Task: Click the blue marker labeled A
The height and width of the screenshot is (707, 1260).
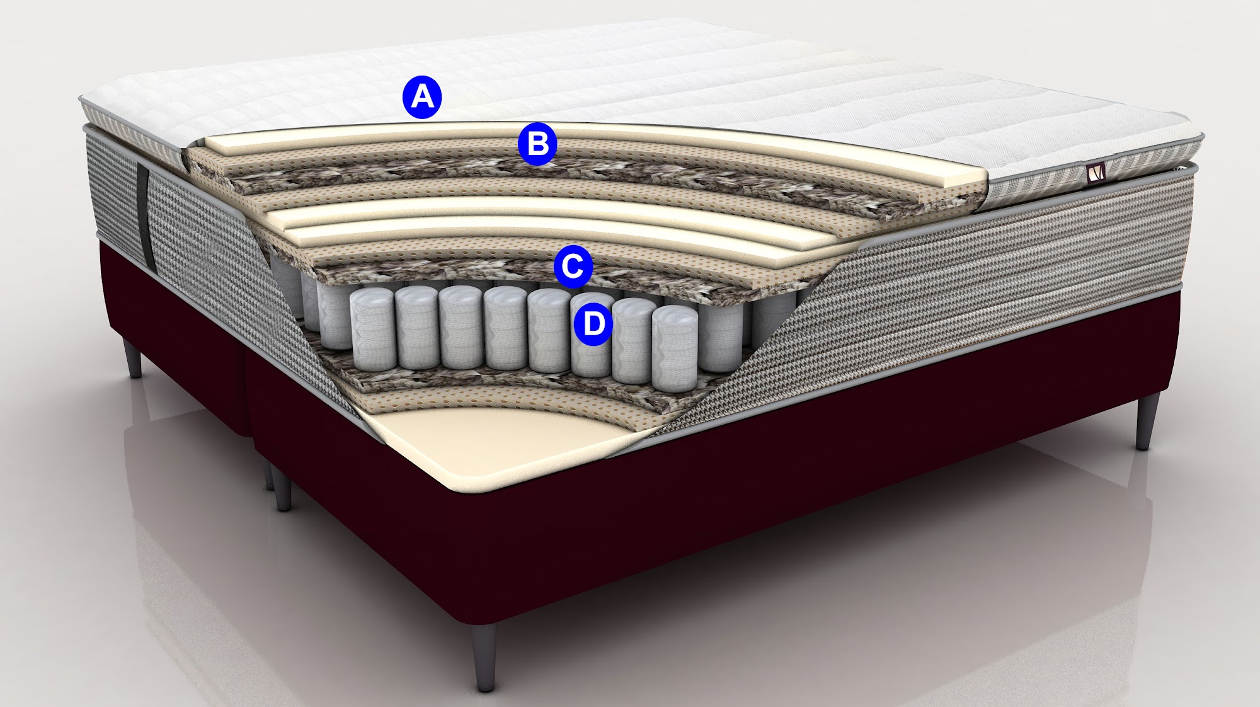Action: click(x=422, y=97)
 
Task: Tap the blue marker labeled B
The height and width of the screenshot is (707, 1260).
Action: click(x=537, y=144)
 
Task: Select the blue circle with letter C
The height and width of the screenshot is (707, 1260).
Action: click(x=573, y=266)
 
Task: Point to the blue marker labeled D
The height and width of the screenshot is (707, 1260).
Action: click(x=593, y=324)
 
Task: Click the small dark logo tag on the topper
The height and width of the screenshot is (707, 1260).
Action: click(x=1097, y=172)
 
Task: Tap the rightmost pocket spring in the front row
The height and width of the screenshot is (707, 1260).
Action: click(x=674, y=348)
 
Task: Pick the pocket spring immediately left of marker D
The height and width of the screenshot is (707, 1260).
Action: click(x=550, y=331)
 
